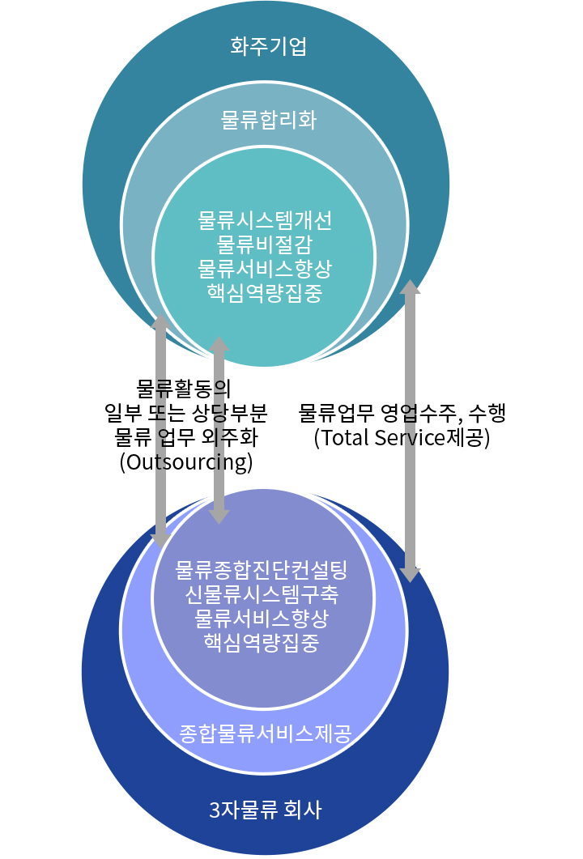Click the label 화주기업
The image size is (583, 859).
pyautogui.click(x=268, y=46)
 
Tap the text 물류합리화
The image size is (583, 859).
pyautogui.click(x=269, y=120)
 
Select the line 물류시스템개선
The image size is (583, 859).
pyautogui.click(x=265, y=220)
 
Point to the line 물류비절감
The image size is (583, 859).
pyautogui.click(x=265, y=245)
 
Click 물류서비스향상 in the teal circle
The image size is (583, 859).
pyautogui.click(x=265, y=269)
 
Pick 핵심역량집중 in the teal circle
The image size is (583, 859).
pyautogui.click(x=265, y=292)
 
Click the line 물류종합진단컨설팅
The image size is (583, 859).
pyautogui.click(x=262, y=570)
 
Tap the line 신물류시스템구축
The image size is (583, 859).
pyautogui.click(x=262, y=593)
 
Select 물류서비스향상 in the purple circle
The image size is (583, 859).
pyautogui.click(x=262, y=618)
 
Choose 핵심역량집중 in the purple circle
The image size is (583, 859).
pyautogui.click(x=262, y=642)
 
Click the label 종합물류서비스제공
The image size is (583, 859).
pyautogui.click(x=266, y=734)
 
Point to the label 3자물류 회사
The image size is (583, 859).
pyautogui.click(x=266, y=809)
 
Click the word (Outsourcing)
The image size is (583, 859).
pyautogui.click(x=186, y=461)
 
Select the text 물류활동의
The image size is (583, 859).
pyautogui.click(x=184, y=389)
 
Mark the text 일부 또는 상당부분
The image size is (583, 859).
pyautogui.click(x=186, y=413)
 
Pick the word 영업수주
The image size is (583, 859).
pyautogui.click(x=421, y=413)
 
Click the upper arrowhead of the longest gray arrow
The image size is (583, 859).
pyautogui.click(x=410, y=287)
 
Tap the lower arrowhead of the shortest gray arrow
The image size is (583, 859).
pyautogui.click(x=219, y=517)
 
